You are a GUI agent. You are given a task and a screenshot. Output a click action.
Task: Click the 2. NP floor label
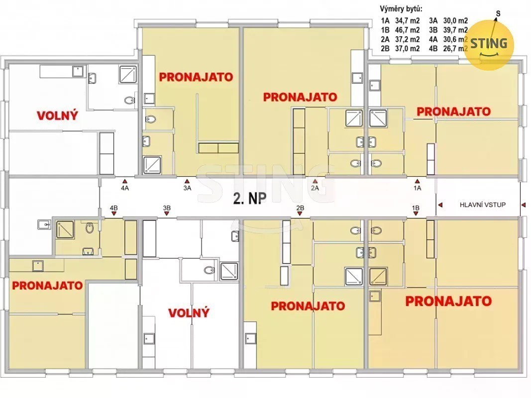point(250,199)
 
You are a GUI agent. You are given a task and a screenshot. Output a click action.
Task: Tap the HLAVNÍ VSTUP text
point(483,205)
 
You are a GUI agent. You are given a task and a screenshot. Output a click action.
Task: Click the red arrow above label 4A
point(124,182)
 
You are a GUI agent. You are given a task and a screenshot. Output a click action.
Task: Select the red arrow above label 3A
point(187,182)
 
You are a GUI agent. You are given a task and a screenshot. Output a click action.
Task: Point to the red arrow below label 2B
point(300,214)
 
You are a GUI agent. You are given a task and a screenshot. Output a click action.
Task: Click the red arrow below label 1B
point(416,214)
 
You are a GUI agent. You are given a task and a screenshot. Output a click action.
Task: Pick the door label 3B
point(167,208)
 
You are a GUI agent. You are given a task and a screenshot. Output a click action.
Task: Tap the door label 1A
point(417,188)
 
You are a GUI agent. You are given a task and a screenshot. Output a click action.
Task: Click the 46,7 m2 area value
point(408,30)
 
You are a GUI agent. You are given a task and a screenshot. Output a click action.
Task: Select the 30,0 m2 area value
point(455,20)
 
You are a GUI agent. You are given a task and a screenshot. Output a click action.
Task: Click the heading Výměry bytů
point(401,9)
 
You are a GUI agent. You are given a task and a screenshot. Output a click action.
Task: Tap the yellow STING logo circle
point(489,45)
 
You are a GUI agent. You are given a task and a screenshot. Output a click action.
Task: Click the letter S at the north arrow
point(498,13)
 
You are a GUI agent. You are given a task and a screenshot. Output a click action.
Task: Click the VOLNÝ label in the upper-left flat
point(57,116)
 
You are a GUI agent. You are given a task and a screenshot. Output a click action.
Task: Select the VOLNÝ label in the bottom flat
point(189,313)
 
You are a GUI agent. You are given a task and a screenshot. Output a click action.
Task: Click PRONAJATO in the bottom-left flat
point(47,285)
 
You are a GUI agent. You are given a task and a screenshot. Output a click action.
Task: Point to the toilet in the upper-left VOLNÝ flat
point(129,100)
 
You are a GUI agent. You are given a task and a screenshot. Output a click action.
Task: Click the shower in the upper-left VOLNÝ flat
point(128,75)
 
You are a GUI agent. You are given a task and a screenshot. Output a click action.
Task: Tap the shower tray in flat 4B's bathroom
point(65,230)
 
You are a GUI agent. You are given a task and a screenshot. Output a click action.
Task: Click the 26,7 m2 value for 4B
point(455,48)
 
